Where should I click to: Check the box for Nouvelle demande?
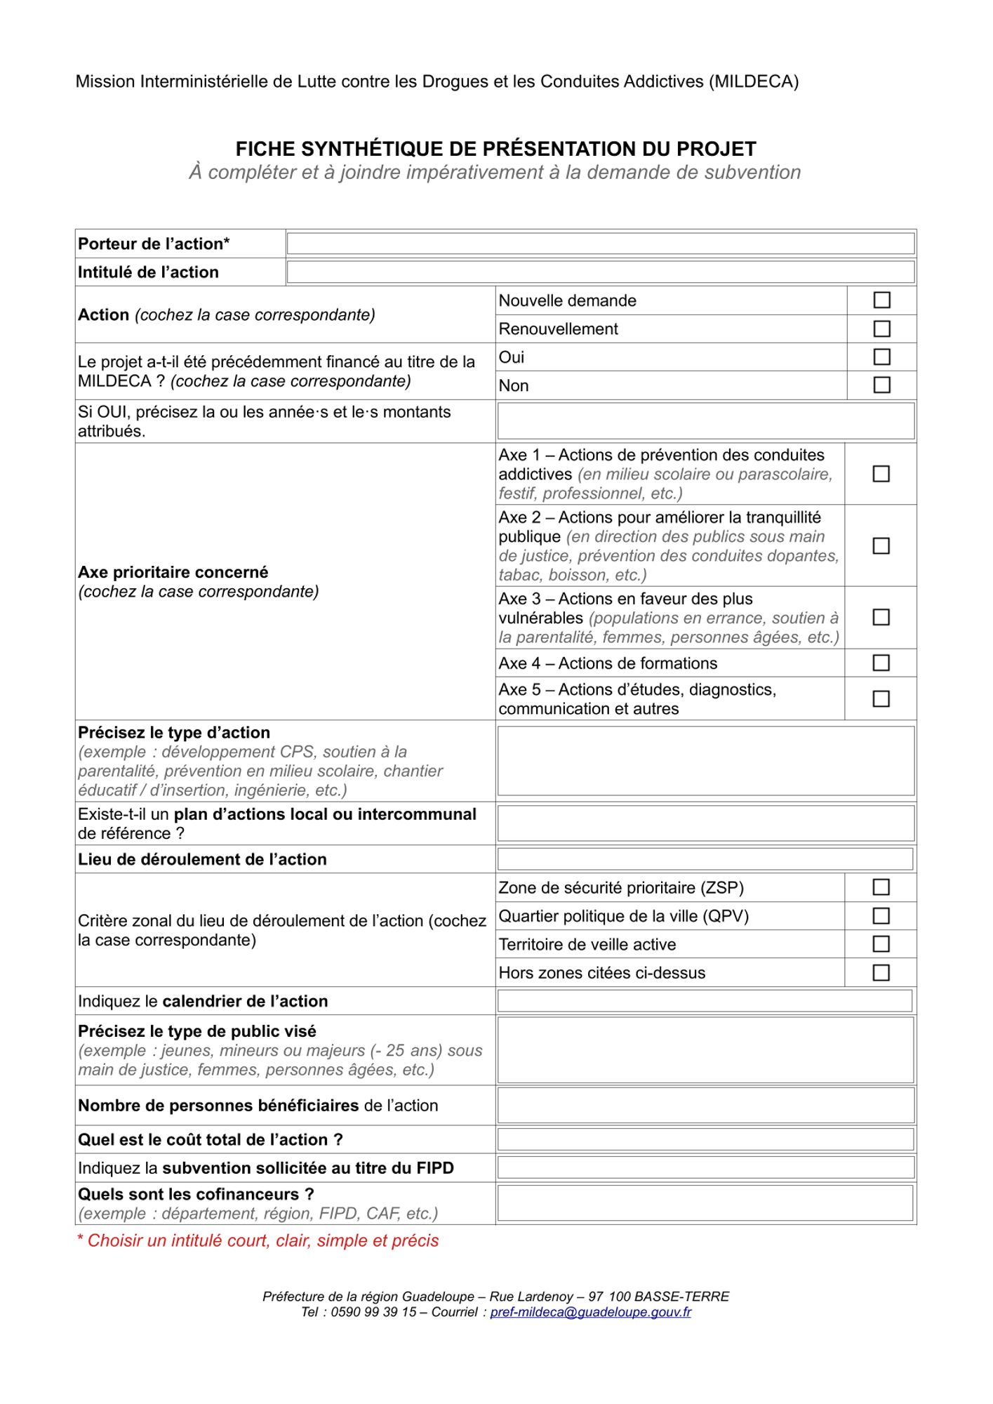click(881, 300)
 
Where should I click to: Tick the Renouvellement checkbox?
click(881, 329)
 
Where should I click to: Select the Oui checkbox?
click(881, 357)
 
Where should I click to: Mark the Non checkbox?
click(881, 385)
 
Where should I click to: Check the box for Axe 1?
click(881, 474)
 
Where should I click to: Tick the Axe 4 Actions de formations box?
click(881, 663)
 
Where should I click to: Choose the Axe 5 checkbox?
click(881, 698)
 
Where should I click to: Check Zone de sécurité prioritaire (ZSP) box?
click(881, 887)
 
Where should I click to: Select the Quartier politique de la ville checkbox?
click(881, 916)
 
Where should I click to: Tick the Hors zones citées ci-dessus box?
click(881, 972)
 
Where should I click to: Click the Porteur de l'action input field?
click(600, 244)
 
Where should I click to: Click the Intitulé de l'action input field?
click(600, 272)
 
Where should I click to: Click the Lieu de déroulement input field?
click(705, 859)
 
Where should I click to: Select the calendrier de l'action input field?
click(705, 1000)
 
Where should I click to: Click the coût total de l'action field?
click(705, 1139)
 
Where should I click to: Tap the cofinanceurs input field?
click(705, 1203)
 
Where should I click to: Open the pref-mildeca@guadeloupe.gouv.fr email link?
click(590, 1312)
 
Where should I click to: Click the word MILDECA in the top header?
click(753, 81)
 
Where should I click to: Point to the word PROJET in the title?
click(716, 149)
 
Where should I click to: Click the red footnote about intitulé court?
click(258, 1240)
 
